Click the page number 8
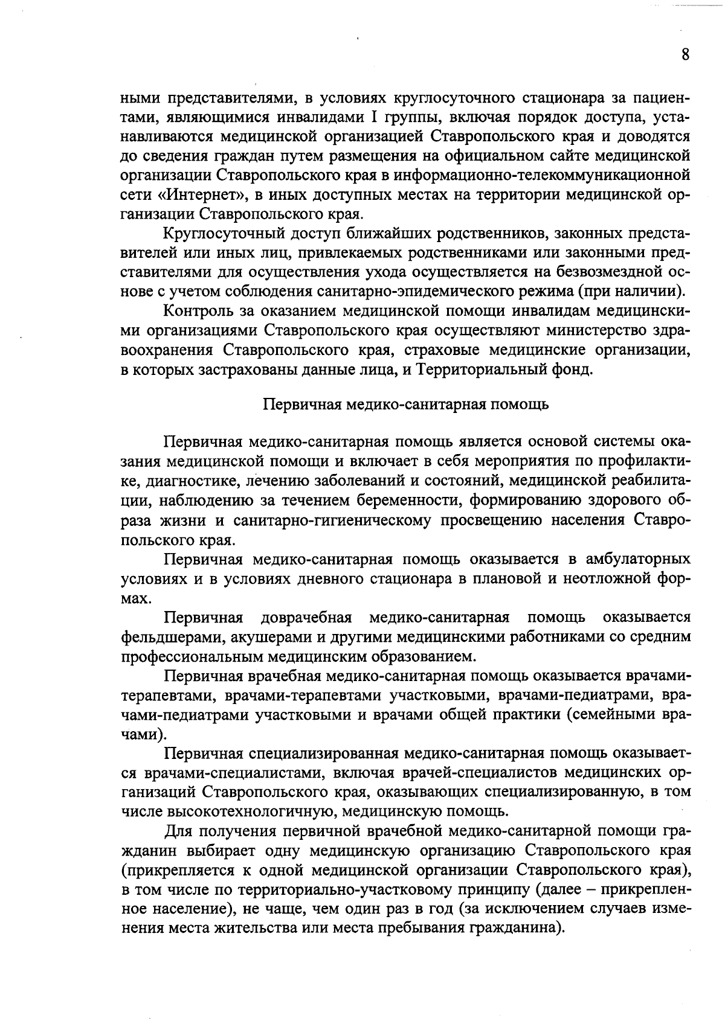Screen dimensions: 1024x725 click(685, 55)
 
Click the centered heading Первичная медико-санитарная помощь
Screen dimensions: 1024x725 click(407, 404)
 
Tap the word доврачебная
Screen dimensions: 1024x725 click(306, 617)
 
